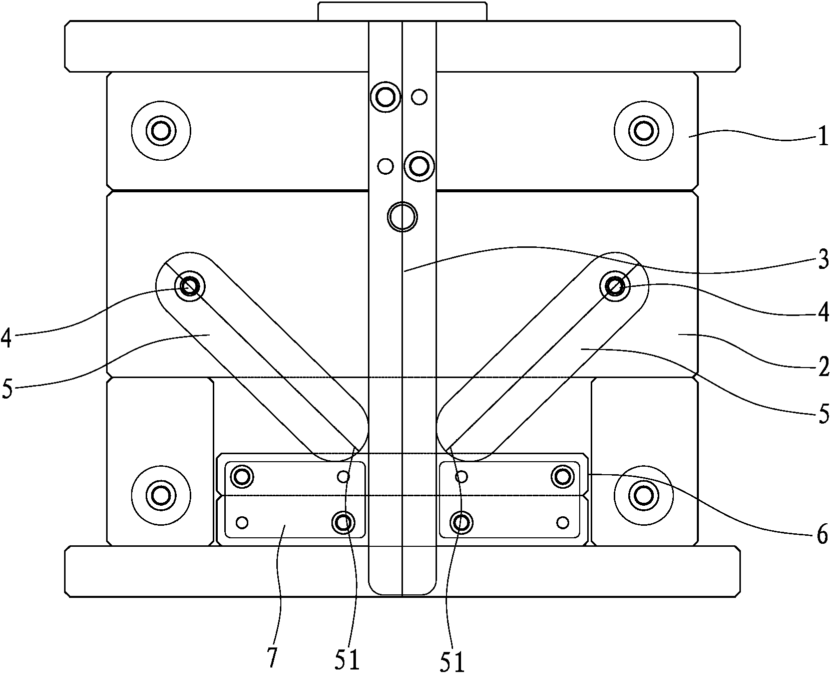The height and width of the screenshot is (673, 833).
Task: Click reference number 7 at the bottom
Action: pos(272,657)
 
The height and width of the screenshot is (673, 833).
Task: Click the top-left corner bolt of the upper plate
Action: pos(161,131)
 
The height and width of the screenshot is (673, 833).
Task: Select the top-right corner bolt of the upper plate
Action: pos(644,131)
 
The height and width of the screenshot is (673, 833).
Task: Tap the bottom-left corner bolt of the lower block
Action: pos(161,496)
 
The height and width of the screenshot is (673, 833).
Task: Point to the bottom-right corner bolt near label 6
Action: pos(644,496)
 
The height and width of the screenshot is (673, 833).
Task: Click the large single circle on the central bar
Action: pos(402,217)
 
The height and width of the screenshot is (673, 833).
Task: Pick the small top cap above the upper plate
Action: pos(402,11)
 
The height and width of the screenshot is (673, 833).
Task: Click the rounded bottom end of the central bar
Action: pos(402,586)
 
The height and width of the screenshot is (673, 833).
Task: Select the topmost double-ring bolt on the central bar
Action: pos(385,96)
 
